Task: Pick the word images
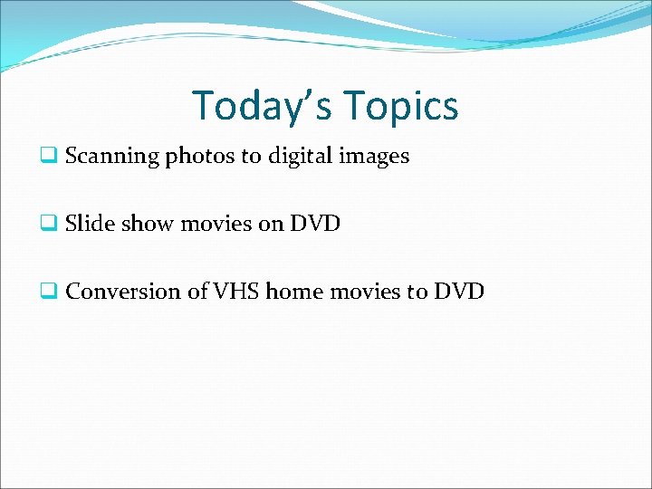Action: tap(374, 157)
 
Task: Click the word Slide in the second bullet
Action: tap(88, 224)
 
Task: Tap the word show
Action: tap(144, 224)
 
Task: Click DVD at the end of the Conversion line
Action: tap(459, 292)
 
